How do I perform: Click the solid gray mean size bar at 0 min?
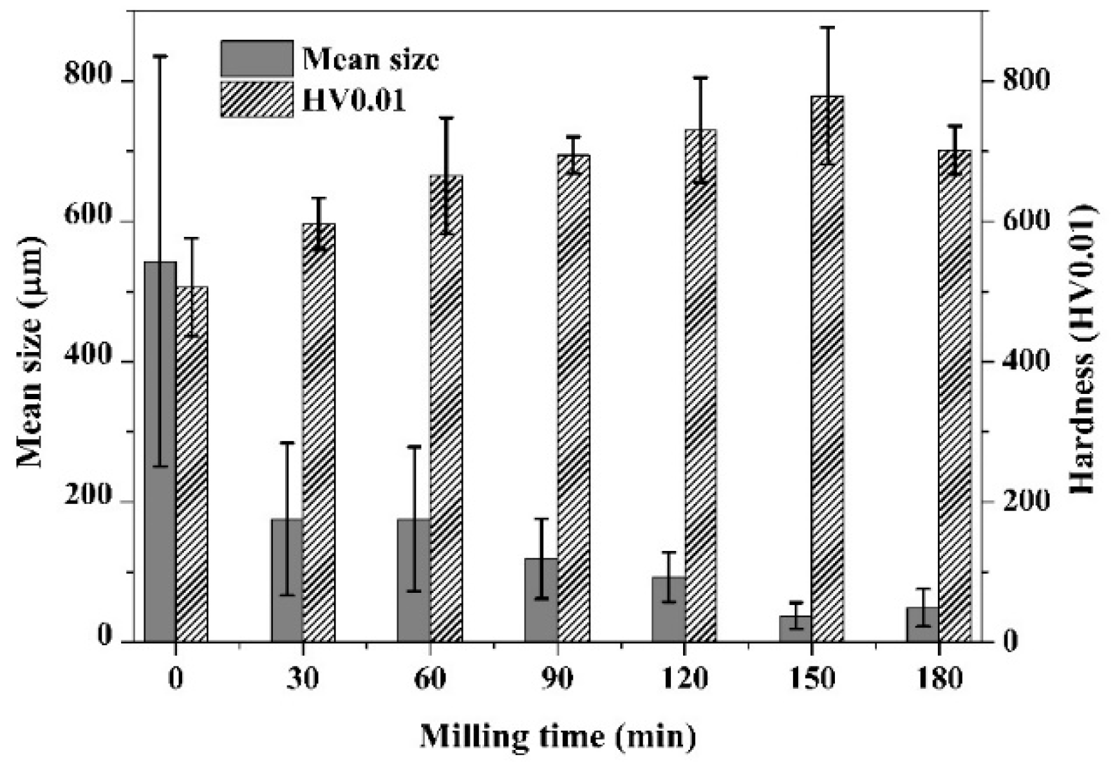click(160, 451)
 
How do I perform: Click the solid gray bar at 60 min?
click(414, 580)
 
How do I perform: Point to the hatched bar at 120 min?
click(700, 386)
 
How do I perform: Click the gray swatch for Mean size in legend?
click(256, 59)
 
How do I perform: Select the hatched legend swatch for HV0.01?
click(256, 99)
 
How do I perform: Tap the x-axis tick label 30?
click(303, 678)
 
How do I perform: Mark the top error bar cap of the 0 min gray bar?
click(160, 56)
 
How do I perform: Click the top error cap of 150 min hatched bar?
click(827, 27)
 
